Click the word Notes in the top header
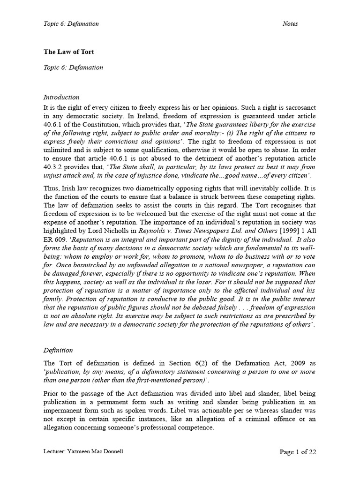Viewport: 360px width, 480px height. coord(290,24)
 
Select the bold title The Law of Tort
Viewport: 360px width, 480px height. coord(66,52)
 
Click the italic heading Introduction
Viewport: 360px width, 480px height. coord(61,97)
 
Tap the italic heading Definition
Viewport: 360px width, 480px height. coord(58,350)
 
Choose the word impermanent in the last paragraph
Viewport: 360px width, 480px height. coord(63,411)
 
